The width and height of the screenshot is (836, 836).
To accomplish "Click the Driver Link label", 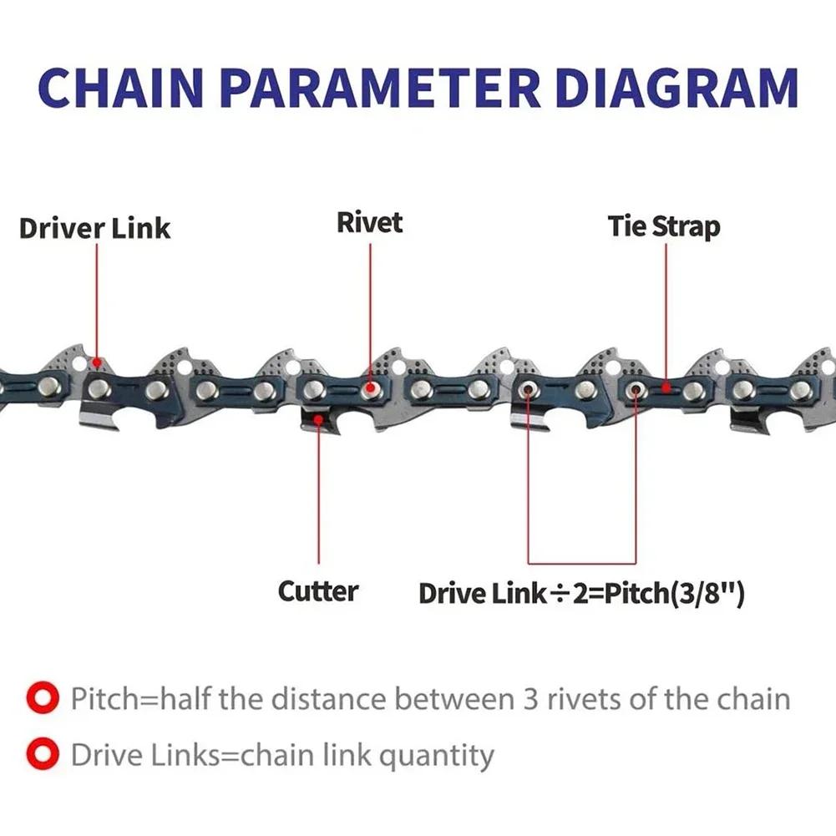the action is point(94,229).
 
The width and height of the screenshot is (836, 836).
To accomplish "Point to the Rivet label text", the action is point(369,223).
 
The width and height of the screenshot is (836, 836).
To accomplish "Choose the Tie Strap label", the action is point(664,227).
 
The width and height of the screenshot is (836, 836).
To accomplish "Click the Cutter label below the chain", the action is point(318,591).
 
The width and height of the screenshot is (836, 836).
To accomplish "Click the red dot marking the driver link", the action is point(97,363).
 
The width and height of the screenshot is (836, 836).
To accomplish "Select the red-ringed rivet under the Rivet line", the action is point(369,390).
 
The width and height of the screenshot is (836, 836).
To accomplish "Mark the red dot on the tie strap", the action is point(666,388).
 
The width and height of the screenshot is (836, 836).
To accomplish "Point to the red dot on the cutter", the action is point(318,420).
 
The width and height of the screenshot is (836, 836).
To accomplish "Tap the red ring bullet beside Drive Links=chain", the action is point(43,754).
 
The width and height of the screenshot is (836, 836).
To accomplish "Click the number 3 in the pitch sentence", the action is point(530,699).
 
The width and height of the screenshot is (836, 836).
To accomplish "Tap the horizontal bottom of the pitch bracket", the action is point(581,563).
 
